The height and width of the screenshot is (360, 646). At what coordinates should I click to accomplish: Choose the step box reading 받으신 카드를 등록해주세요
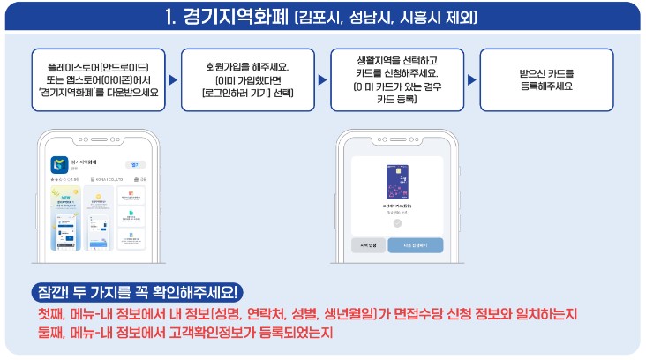click(545, 80)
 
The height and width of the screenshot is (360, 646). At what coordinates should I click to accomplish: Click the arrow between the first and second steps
click(169, 80)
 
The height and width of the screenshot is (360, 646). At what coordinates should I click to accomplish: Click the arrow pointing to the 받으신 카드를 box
click(472, 80)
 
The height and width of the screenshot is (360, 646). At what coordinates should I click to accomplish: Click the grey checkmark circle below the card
click(396, 224)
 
